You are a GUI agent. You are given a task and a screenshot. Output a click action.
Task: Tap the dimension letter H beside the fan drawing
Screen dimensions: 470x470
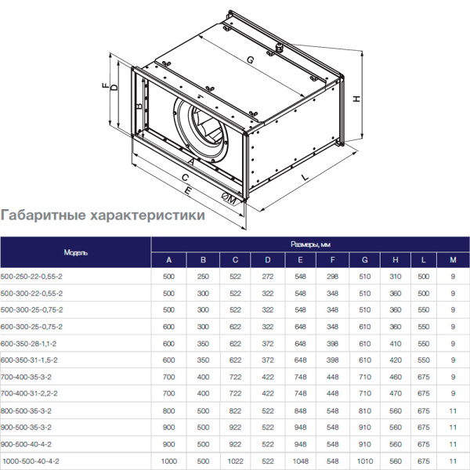point(356,99)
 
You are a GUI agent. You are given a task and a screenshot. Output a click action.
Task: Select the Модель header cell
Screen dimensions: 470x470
point(75,252)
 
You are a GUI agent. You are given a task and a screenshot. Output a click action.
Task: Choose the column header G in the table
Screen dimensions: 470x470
point(365,260)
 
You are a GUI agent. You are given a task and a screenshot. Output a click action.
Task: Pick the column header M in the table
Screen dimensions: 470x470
point(453,260)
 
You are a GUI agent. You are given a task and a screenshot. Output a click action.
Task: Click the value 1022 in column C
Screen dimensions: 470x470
point(235,462)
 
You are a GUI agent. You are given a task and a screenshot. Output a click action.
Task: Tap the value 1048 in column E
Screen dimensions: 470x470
point(300,462)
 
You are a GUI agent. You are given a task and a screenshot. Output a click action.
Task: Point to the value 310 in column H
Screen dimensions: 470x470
point(396,277)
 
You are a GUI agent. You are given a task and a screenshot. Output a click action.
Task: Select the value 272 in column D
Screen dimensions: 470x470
point(267,277)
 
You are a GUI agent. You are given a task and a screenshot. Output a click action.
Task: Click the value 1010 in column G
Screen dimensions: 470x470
point(365,462)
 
